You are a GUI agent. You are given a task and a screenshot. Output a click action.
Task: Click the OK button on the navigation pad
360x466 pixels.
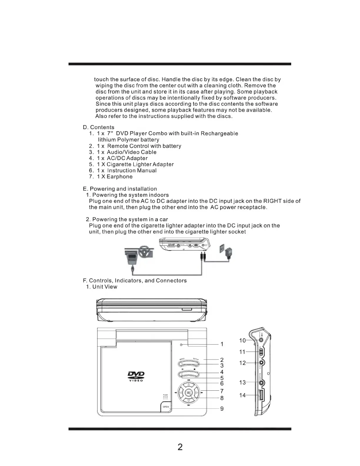(x=189, y=392)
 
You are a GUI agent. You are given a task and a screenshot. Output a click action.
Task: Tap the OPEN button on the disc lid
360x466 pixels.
(x=166, y=407)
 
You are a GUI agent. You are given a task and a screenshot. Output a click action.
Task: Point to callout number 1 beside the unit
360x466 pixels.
(x=222, y=344)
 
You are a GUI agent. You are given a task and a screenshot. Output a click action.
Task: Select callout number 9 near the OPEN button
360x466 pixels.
(x=222, y=409)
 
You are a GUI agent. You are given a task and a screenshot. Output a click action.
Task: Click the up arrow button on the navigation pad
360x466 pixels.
(x=189, y=385)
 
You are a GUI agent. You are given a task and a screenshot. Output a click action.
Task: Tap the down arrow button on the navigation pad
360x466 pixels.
(x=189, y=400)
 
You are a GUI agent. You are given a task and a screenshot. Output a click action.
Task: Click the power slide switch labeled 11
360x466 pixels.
(x=261, y=352)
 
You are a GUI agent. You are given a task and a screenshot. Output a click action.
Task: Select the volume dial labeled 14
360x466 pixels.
(x=261, y=395)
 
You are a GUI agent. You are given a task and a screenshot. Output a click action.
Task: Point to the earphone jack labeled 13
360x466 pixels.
(x=261, y=383)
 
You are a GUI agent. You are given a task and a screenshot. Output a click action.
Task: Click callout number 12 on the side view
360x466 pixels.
(x=242, y=363)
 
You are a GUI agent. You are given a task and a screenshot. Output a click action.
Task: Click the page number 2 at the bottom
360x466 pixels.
(x=180, y=447)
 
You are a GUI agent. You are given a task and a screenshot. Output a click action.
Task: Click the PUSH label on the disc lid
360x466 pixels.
(x=165, y=395)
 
